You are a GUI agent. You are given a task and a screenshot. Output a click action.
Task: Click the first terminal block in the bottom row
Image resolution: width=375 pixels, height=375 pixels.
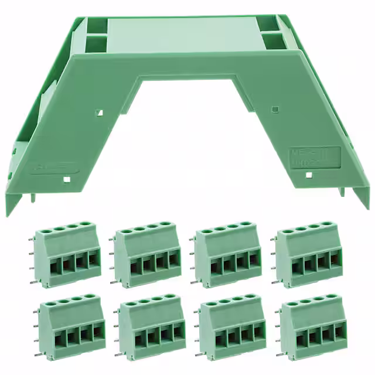[71, 326]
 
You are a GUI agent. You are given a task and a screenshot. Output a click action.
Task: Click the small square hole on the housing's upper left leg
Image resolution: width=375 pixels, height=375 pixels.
[100, 110]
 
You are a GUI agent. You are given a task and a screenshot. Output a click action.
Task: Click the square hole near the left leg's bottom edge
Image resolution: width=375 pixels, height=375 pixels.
[67, 179]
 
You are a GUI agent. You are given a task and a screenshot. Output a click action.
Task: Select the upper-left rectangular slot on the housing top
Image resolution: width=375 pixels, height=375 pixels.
[96, 25]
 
